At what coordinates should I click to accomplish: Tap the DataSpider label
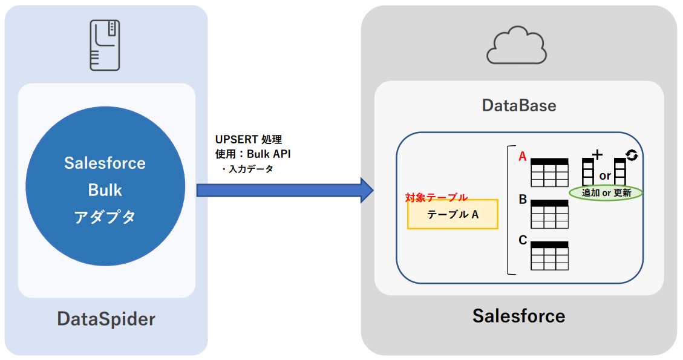point(106,319)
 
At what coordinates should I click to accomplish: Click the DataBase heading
point(518,106)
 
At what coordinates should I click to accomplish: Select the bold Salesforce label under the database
point(518,316)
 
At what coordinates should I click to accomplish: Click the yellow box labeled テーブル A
point(453,214)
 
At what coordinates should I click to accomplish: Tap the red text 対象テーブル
point(436,197)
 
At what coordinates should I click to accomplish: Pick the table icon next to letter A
point(549,172)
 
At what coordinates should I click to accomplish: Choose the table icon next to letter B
point(549,214)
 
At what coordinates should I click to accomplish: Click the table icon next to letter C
point(549,255)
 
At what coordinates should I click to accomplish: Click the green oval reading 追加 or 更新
point(606,193)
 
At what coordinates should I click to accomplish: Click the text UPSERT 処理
point(249,140)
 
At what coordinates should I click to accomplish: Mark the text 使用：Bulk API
point(252,154)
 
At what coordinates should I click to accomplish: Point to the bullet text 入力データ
point(249,169)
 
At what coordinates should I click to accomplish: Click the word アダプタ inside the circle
point(105,217)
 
